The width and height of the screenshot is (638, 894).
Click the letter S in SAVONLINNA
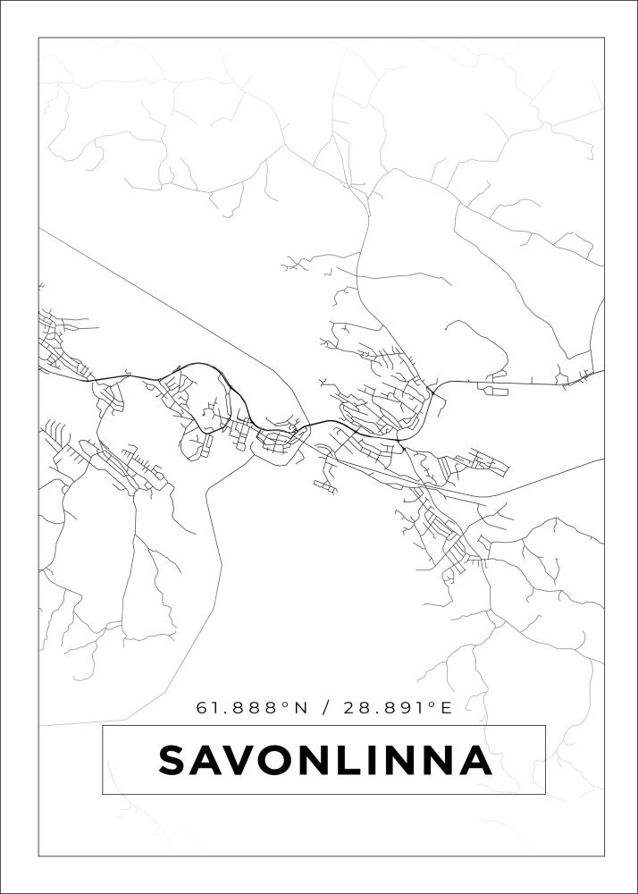click(175, 761)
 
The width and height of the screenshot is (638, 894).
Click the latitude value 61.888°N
click(251, 708)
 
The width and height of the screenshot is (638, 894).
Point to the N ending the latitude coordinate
click(300, 708)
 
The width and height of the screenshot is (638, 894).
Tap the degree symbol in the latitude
click(286, 704)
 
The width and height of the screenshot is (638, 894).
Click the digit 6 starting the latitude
click(202, 708)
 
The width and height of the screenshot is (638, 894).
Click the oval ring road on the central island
click(279, 438)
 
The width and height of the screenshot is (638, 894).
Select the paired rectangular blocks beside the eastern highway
click(494, 389)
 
